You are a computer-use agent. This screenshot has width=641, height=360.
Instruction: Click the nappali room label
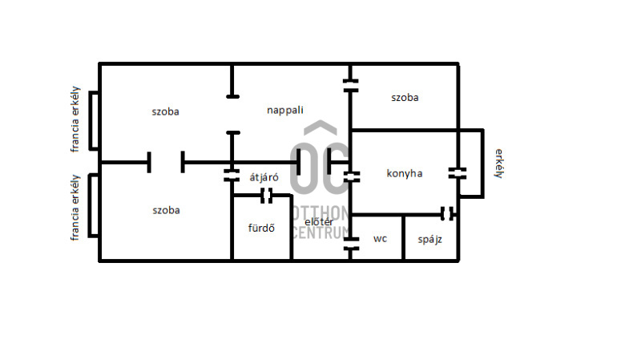click(285, 111)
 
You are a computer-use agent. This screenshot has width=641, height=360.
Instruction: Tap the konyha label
click(405, 173)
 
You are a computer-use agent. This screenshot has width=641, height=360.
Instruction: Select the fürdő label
click(261, 228)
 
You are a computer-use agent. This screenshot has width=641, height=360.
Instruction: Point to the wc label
click(380, 239)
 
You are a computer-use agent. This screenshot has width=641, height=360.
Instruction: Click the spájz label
click(429, 240)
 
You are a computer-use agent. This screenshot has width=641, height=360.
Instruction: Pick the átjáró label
click(264, 177)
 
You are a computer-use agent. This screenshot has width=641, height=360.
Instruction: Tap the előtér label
click(319, 222)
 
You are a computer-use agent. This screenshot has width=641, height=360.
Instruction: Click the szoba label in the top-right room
click(405, 98)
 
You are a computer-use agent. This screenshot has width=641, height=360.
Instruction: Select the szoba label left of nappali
click(165, 111)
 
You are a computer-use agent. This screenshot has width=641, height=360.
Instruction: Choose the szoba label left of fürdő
click(166, 210)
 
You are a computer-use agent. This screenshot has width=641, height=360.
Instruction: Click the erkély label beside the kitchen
click(499, 164)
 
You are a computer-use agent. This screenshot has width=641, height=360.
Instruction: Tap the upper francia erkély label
click(75, 119)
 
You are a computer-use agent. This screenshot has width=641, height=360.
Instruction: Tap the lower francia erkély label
click(75, 208)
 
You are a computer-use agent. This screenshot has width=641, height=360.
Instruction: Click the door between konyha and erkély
click(458, 173)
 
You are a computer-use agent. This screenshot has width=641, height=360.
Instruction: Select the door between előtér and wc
click(351, 244)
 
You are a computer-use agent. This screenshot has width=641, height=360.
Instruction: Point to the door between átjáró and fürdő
click(267, 196)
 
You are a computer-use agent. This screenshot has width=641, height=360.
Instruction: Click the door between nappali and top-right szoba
click(350, 86)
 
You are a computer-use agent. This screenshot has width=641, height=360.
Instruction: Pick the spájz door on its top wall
click(447, 213)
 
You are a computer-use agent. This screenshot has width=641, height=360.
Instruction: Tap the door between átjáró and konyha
click(351, 176)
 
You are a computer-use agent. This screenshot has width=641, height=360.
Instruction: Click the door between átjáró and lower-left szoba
click(232, 176)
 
